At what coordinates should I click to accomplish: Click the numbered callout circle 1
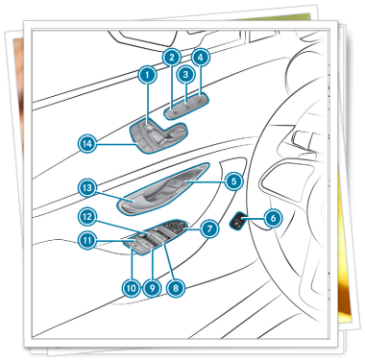(x=147, y=75)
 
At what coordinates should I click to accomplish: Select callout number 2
(x=172, y=58)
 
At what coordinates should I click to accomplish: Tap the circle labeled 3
(x=185, y=75)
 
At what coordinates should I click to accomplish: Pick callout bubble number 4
(x=201, y=58)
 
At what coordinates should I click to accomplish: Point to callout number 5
(x=234, y=181)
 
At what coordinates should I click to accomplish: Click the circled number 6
(x=273, y=219)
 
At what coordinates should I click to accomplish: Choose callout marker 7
(x=209, y=228)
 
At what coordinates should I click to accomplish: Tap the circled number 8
(x=176, y=288)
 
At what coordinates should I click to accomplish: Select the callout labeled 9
(x=152, y=288)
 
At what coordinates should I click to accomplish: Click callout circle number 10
(x=131, y=288)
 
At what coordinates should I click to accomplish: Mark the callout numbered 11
(x=87, y=240)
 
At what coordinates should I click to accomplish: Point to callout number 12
(x=87, y=217)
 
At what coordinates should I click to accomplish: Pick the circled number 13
(x=87, y=188)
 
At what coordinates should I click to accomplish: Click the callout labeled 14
(x=87, y=144)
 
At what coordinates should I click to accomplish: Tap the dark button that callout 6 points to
(x=238, y=221)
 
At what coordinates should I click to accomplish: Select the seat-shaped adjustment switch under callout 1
(x=161, y=133)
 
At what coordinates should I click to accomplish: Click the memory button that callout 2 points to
(x=173, y=112)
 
